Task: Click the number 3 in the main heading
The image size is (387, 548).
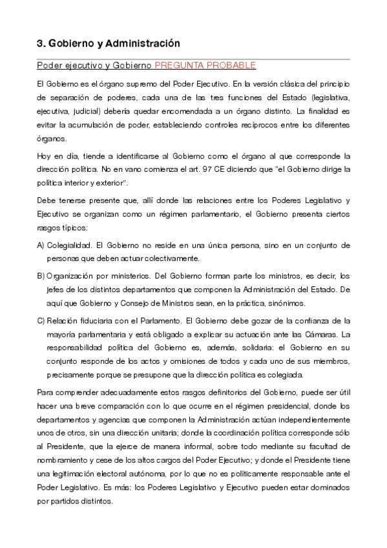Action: pos(39,44)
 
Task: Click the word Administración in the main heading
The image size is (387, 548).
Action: pos(147,44)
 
